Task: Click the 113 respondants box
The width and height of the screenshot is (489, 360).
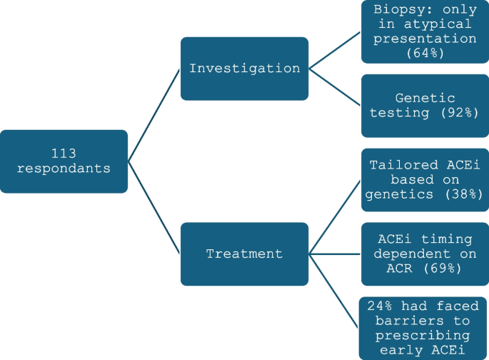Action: tap(64, 161)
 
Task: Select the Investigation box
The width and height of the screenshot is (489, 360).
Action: tap(244, 69)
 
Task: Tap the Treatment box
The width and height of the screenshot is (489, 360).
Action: tap(244, 254)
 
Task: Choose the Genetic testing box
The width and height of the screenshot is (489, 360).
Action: tap(424, 106)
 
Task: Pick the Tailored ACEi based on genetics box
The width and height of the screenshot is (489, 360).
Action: tap(424, 180)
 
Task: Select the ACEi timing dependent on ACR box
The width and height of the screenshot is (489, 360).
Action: tap(424, 254)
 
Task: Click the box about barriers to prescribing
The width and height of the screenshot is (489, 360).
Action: tap(424, 328)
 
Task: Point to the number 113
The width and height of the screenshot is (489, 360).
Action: tap(64, 153)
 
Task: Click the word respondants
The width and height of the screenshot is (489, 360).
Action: tap(64, 169)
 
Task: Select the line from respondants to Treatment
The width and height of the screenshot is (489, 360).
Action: tap(153, 207)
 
